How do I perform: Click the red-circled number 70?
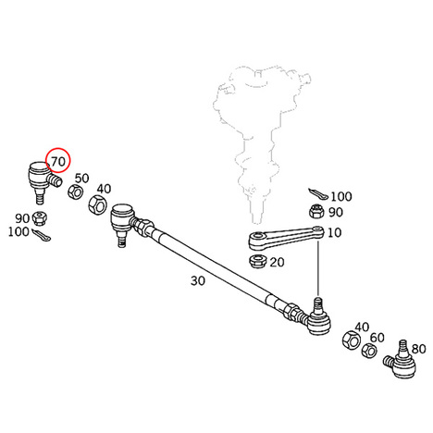point(58,161)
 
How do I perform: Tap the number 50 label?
point(82,179)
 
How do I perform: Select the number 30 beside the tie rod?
point(198,280)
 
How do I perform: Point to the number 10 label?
point(334,232)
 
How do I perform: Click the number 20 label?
point(277,262)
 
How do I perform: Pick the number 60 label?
point(377,338)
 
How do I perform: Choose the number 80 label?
point(419,349)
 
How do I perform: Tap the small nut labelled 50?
point(75,192)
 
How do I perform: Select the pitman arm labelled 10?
point(286,237)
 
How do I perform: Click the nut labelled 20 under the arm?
point(258,262)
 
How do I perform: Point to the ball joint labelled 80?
point(401,360)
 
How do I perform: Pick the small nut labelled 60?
point(369,351)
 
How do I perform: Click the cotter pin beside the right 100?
point(318,193)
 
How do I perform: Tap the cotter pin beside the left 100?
point(42,234)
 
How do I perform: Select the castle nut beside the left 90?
point(40,217)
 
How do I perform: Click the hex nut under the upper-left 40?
point(98,204)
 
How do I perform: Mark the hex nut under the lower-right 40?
point(352,340)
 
